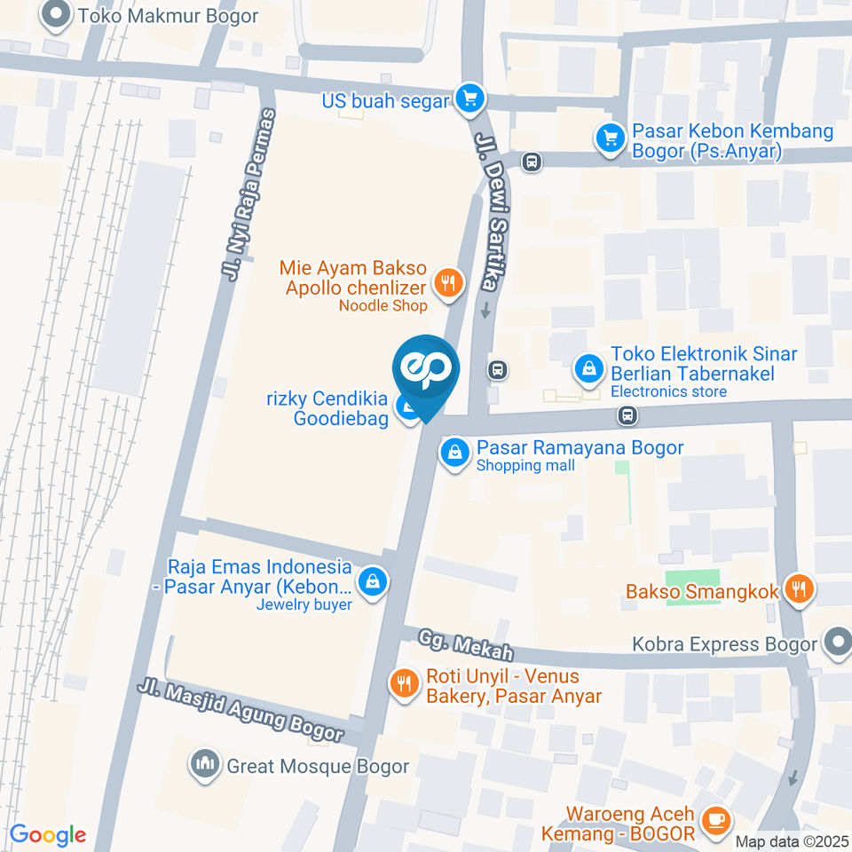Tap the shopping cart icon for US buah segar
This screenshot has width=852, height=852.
tap(469, 99)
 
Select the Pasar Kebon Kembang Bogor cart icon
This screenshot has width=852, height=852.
tap(610, 138)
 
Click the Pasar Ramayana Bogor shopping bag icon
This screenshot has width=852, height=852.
tap(454, 453)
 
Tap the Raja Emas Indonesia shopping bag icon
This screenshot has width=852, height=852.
tap(375, 581)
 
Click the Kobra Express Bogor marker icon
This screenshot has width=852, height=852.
tap(836, 643)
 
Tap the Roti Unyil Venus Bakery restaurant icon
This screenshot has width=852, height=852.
tap(406, 683)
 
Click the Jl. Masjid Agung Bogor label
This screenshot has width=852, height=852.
tap(241, 710)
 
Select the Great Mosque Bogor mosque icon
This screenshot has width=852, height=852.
tap(206, 765)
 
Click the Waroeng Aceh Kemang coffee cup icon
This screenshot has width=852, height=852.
tap(714, 822)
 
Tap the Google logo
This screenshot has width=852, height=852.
tap(48, 835)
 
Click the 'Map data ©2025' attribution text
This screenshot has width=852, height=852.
tap(792, 841)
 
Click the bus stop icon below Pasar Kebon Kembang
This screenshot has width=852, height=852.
tap(532, 162)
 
